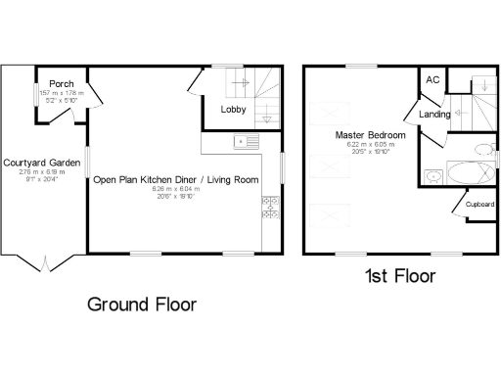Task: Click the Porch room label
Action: pyautogui.click(x=61, y=82)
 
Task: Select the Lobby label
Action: pyautogui.click(x=233, y=110)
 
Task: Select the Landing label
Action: pyautogui.click(x=434, y=115)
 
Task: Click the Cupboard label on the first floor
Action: pyautogui.click(x=478, y=205)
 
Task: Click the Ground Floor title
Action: pyautogui.click(x=142, y=305)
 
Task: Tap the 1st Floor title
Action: pyautogui.click(x=400, y=277)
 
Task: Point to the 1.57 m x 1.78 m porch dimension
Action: pyautogui.click(x=61, y=92)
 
